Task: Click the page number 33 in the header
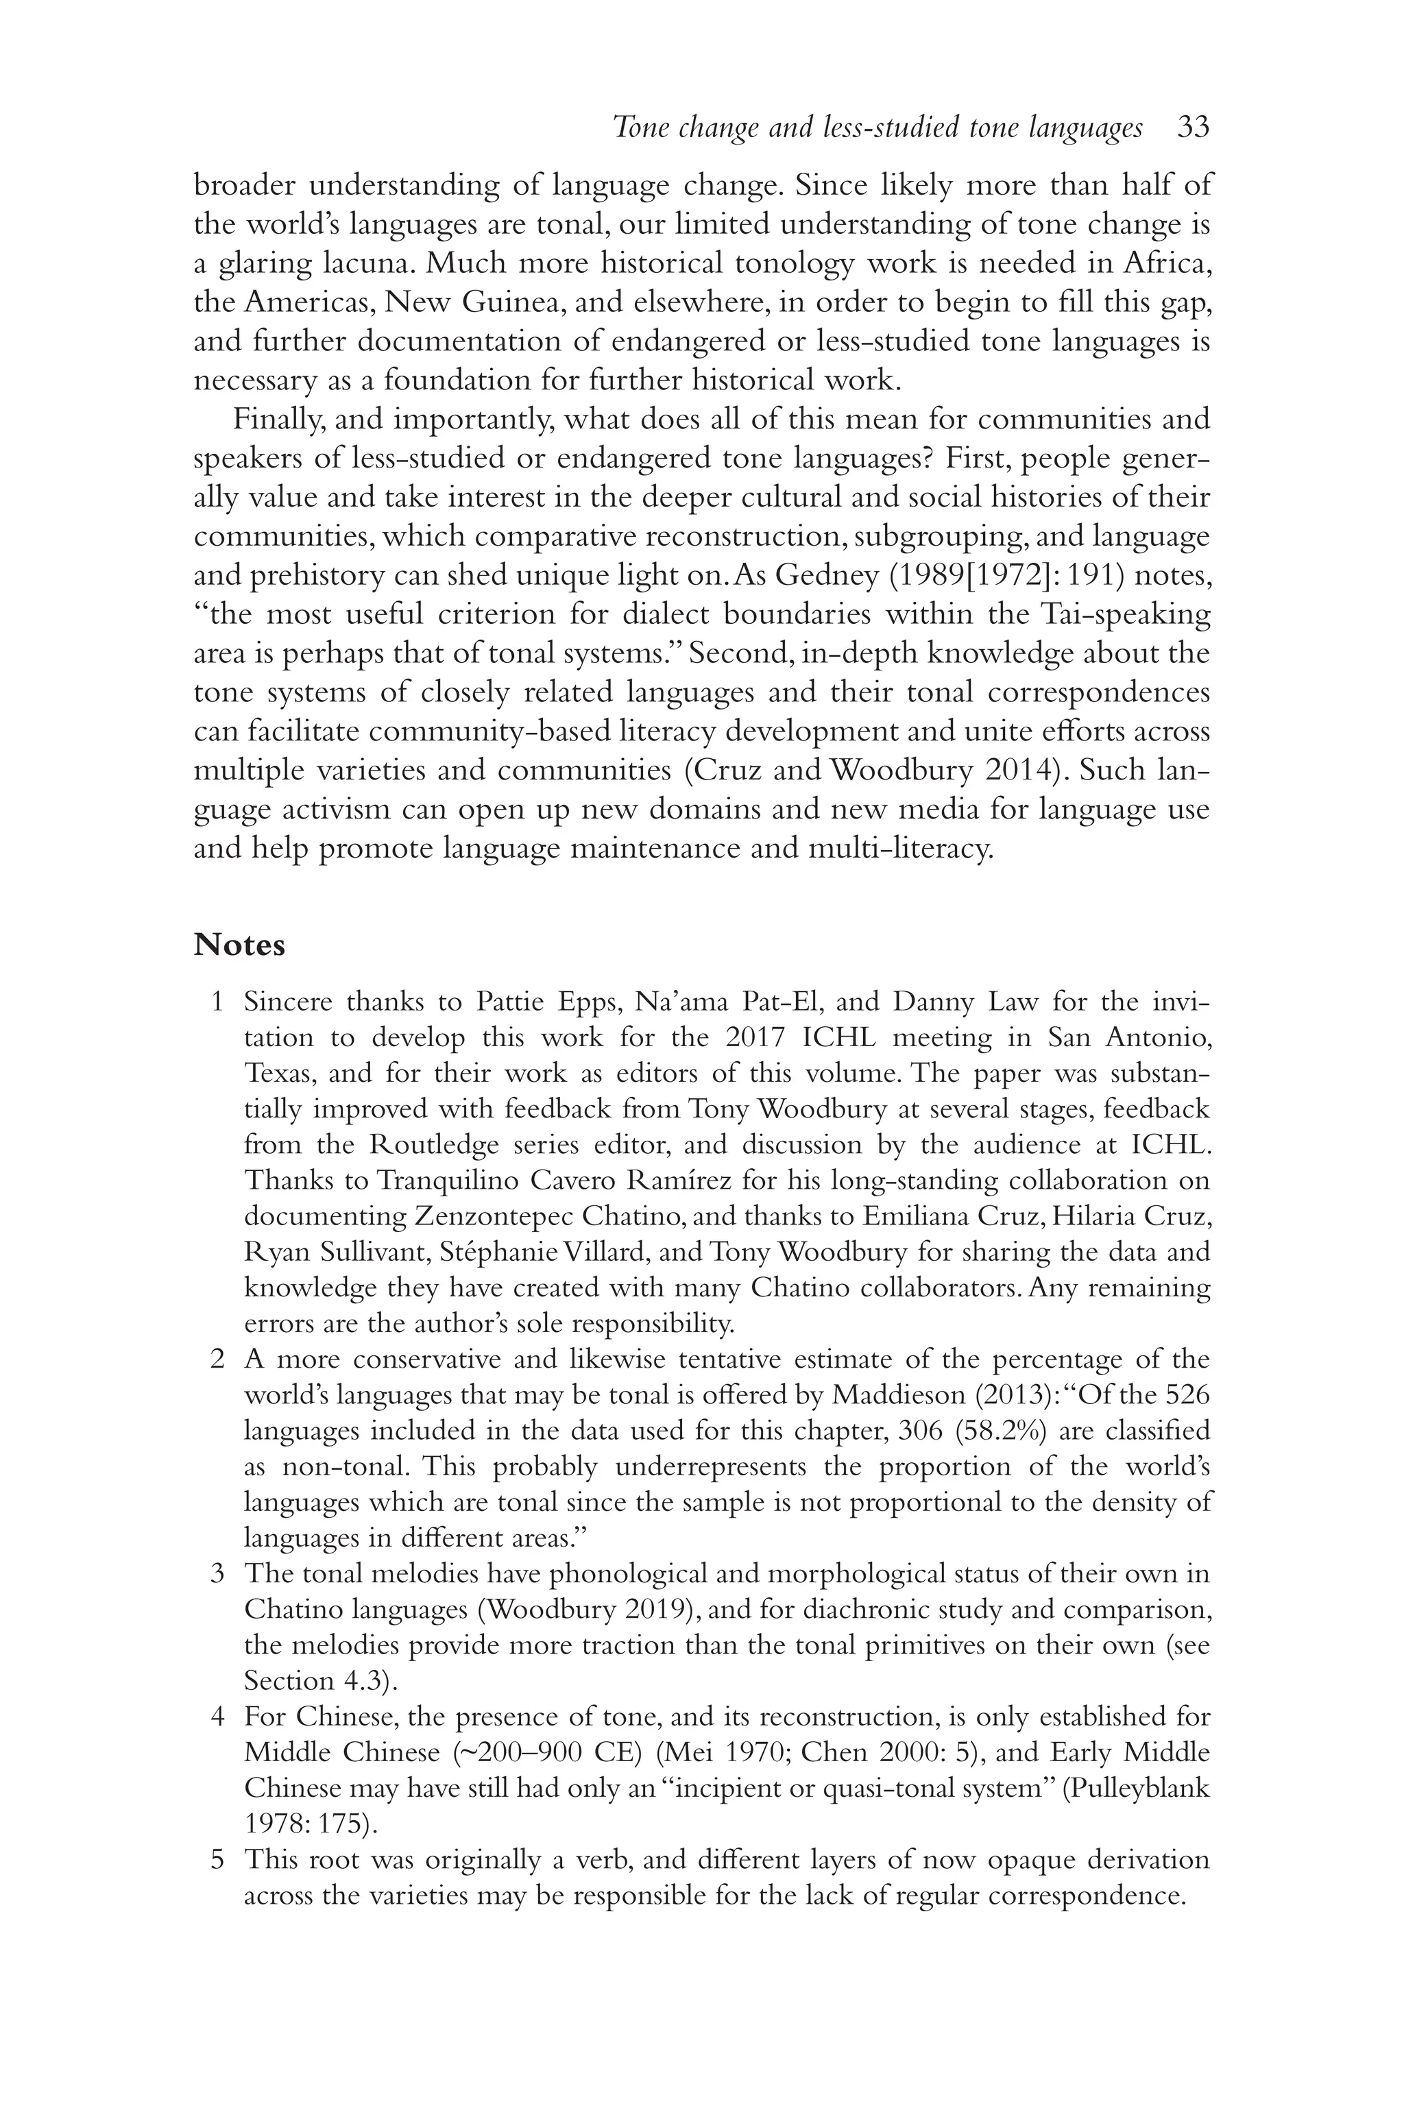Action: click(1194, 128)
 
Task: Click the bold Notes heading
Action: click(239, 945)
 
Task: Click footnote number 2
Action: click(216, 1359)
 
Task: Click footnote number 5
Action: click(216, 1860)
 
